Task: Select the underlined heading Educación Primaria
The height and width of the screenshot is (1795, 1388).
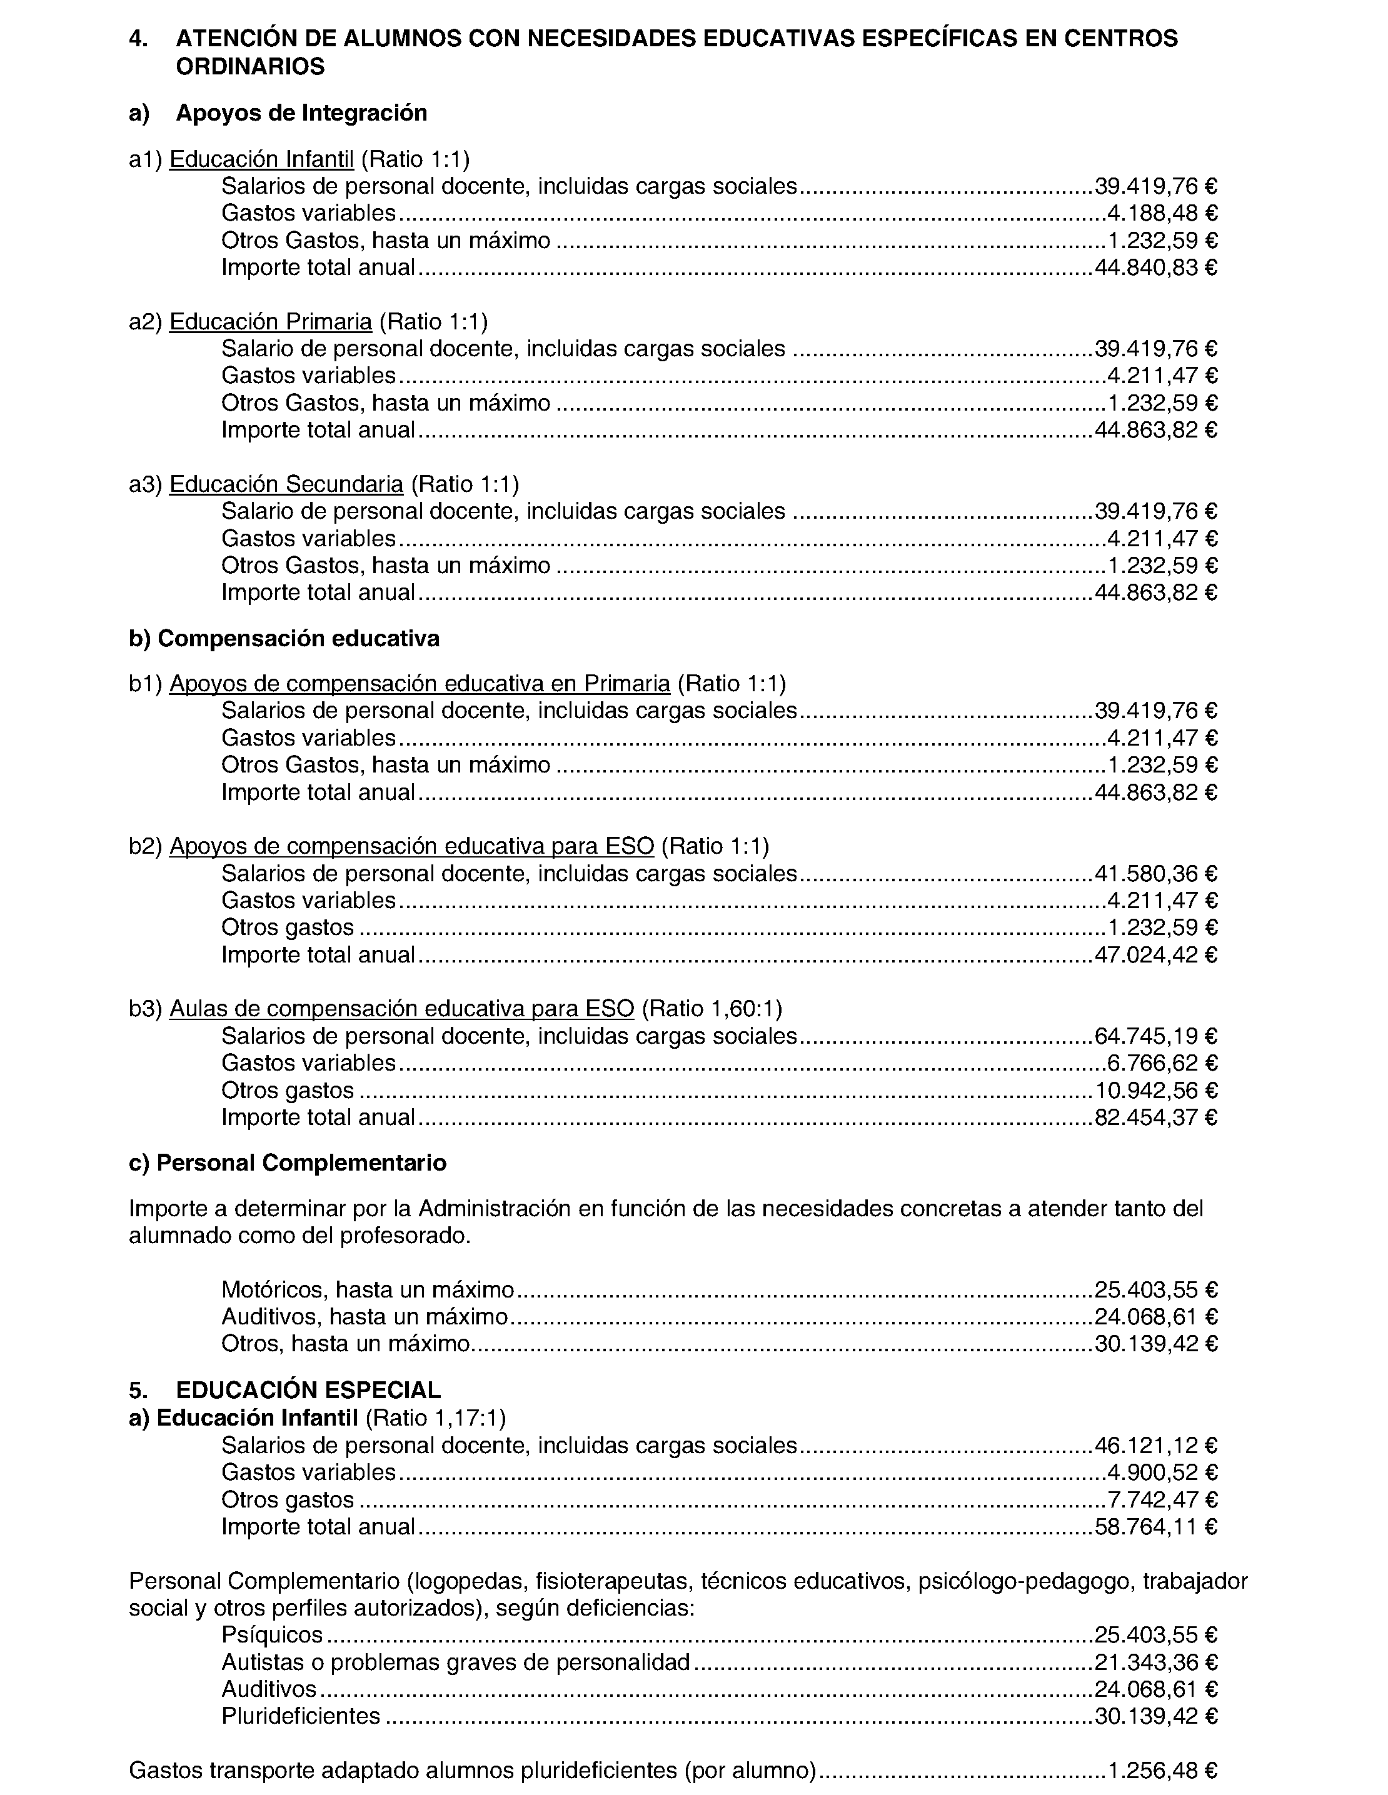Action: [x=271, y=321]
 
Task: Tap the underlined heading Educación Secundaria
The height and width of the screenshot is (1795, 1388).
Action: [x=286, y=484]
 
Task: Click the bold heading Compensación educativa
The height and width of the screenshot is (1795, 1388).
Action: [x=298, y=639]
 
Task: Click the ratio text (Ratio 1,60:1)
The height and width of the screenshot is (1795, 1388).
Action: [x=712, y=1009]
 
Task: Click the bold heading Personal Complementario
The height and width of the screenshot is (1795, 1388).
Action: [x=301, y=1163]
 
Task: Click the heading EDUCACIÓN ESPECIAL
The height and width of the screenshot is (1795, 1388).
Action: [x=308, y=1390]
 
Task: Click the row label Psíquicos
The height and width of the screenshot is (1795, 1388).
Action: [x=272, y=1635]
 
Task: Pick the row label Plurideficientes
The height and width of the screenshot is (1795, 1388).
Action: [x=301, y=1716]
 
